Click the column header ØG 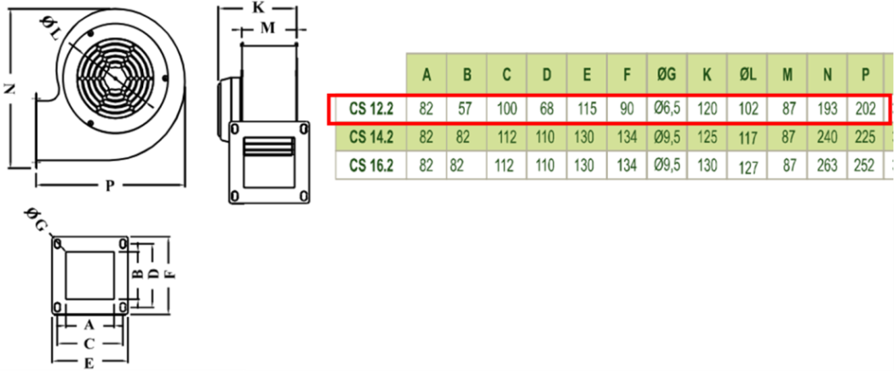click(666, 75)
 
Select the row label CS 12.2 click(370, 108)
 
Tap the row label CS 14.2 click(370, 136)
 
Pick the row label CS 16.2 click(370, 165)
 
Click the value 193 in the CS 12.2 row click(827, 108)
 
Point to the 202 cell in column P click(865, 108)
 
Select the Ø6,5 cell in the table click(666, 107)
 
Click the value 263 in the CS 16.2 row click(827, 165)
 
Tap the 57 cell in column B click(466, 108)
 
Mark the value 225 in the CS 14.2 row click(865, 136)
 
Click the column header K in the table click(707, 75)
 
